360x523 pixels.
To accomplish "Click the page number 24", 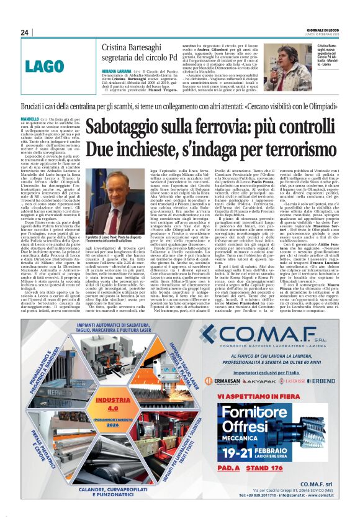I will point(25,32).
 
